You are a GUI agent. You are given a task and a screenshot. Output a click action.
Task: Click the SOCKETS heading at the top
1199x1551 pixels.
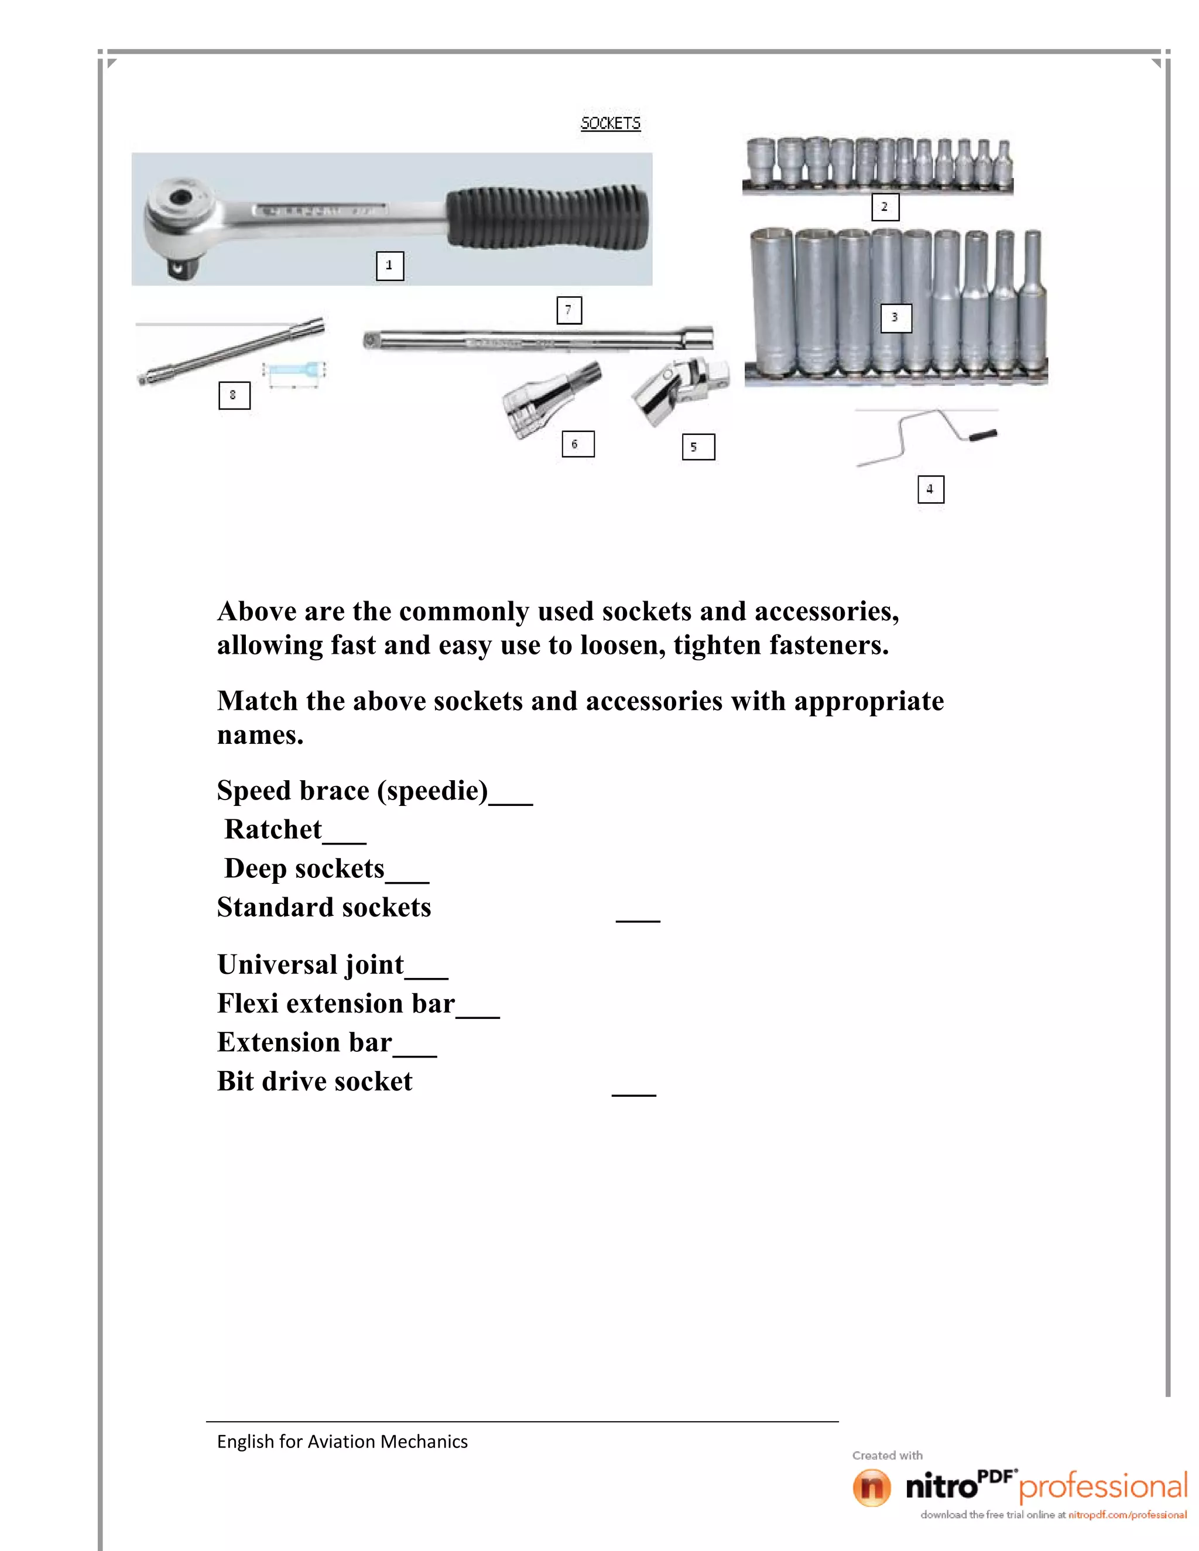coord(610,123)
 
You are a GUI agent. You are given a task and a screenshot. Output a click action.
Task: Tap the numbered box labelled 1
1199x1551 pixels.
coord(389,266)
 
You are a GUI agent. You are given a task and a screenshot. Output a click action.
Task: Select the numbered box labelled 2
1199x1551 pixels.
coord(885,207)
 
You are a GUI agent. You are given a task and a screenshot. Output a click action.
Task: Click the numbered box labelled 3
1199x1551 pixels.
coord(895,317)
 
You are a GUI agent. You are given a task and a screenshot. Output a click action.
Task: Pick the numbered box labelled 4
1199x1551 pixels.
coord(930,489)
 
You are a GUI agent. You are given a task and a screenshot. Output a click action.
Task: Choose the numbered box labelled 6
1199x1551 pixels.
coord(577,444)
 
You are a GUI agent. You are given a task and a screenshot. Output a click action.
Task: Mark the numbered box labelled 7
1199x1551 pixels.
coord(569,310)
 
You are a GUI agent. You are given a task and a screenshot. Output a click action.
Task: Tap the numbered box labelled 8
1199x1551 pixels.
coord(234,395)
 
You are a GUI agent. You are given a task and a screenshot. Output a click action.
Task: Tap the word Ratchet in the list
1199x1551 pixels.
coord(273,829)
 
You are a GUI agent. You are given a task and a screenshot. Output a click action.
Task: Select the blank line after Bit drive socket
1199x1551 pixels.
coord(633,1093)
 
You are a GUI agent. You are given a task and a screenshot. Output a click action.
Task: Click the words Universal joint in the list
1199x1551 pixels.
coord(310,965)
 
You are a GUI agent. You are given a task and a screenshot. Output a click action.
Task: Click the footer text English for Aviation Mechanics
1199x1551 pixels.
coord(342,1441)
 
